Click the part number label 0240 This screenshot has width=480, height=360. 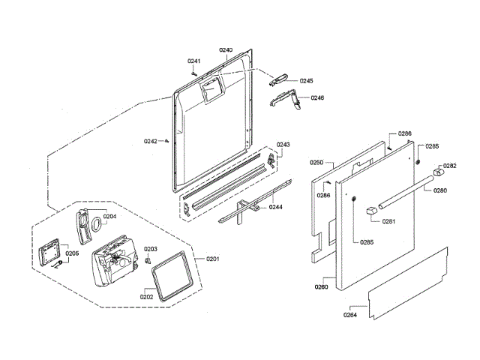(x=226, y=50)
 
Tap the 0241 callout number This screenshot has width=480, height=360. (x=194, y=61)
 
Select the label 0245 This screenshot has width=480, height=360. (x=306, y=80)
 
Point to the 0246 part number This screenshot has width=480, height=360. (x=317, y=98)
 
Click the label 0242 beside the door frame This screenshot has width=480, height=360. (x=151, y=141)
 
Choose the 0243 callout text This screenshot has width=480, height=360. (x=283, y=145)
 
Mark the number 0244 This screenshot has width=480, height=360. (x=276, y=207)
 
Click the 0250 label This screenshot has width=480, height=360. (x=316, y=162)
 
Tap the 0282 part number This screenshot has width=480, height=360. (x=449, y=166)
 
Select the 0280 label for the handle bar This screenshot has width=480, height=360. (x=440, y=190)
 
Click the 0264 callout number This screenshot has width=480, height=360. (x=350, y=315)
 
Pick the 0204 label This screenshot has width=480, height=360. (x=109, y=217)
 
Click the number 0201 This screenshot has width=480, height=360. (x=212, y=259)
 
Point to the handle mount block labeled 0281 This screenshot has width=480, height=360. (x=370, y=211)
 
